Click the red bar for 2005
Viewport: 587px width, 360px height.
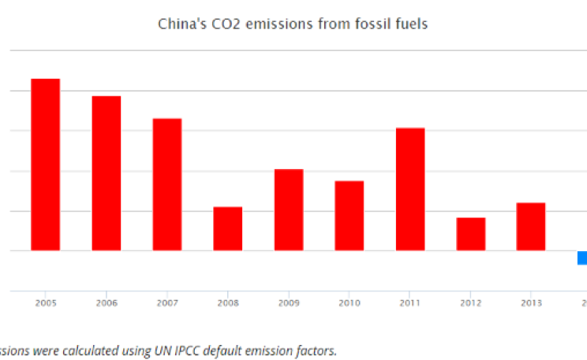click(x=46, y=164)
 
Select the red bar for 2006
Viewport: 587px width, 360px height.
click(x=107, y=173)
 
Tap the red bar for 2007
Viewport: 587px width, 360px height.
click(x=167, y=184)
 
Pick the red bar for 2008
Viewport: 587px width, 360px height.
click(x=228, y=228)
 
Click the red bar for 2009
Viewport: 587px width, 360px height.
click(x=289, y=209)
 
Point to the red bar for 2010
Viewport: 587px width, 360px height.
click(x=350, y=216)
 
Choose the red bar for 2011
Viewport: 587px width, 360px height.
click(x=410, y=189)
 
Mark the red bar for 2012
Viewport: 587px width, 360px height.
click(x=471, y=234)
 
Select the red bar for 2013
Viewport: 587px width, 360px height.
click(x=531, y=227)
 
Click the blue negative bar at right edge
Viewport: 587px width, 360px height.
click(x=582, y=258)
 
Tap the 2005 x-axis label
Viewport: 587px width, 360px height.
click(x=46, y=303)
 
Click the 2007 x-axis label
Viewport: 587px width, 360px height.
click(x=167, y=303)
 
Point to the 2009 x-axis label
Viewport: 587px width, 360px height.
click(x=289, y=303)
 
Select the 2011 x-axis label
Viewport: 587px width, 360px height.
click(x=410, y=303)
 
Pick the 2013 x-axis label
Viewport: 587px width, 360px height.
click(x=531, y=303)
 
